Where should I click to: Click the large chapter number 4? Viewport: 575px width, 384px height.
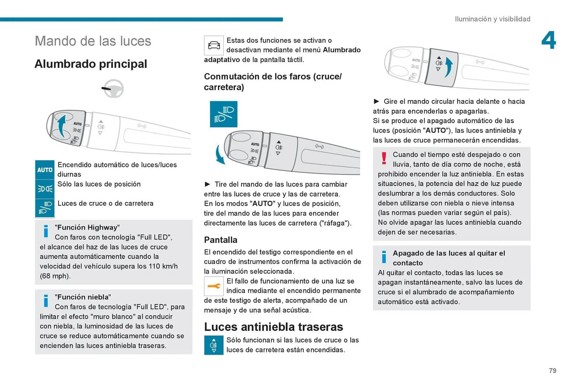point(548,40)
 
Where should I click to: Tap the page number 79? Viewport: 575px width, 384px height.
point(553,371)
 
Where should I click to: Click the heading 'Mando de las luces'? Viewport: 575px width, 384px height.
point(93,41)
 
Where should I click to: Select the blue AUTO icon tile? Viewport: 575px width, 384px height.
point(45,170)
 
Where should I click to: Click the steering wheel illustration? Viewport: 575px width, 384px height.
point(114,88)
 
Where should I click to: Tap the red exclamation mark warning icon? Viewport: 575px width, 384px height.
point(384,158)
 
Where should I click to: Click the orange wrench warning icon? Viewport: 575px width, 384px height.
point(214,286)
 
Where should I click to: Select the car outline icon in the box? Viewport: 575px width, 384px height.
point(214,45)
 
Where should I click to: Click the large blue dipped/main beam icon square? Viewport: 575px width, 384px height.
point(223,114)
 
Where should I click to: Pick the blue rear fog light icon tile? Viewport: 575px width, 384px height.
point(214,345)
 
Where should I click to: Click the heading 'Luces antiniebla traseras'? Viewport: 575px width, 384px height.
point(273,327)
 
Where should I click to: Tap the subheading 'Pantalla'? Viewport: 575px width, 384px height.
point(220,240)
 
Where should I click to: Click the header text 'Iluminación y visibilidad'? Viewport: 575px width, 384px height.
point(492,19)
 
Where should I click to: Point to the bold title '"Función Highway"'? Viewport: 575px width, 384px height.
point(87,228)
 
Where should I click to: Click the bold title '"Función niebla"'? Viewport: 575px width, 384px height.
point(83,297)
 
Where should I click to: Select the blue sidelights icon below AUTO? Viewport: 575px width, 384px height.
point(45,189)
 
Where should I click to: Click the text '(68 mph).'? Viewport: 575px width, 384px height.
point(55,276)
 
